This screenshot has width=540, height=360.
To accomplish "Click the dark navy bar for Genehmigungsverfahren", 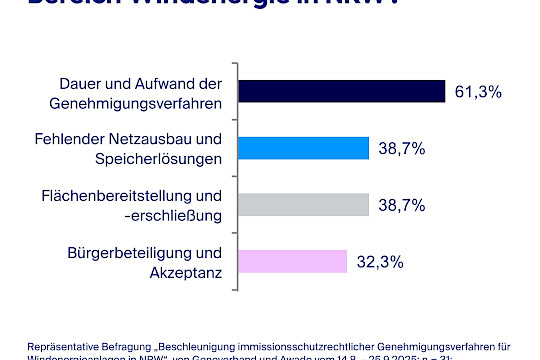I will [x=340, y=91].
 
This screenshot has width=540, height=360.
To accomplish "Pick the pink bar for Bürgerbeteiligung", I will [x=291, y=262].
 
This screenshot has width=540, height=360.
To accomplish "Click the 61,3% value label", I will [x=477, y=92].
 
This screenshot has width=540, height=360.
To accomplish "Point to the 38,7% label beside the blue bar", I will [x=402, y=149].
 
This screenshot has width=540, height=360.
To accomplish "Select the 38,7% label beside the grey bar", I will [x=402, y=206].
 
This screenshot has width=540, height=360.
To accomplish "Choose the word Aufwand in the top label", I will [x=155, y=82].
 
